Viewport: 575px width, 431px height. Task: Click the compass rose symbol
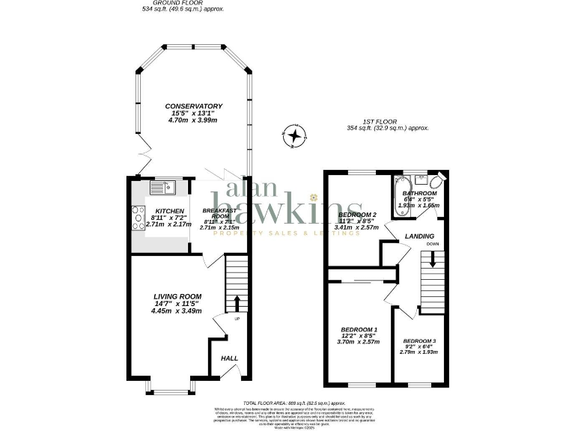(296, 136)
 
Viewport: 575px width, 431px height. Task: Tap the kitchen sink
(160, 187)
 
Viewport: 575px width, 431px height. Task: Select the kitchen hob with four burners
(139, 218)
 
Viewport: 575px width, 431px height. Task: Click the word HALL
(229, 358)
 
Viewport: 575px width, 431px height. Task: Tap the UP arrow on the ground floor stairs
(237, 303)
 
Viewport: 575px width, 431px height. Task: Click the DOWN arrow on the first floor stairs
(433, 262)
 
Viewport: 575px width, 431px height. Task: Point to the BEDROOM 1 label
(359, 330)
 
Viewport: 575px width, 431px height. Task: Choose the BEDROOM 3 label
(419, 340)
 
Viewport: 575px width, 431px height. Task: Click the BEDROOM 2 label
(358, 215)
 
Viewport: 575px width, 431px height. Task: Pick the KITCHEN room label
(159, 211)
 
